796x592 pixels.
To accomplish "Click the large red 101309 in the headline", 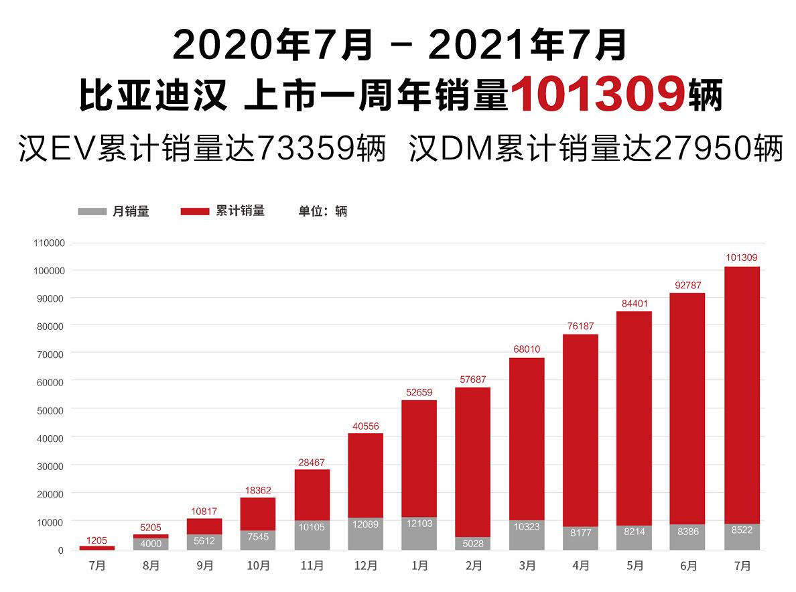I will point(599,96).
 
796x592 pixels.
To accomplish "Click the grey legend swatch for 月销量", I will point(92,211).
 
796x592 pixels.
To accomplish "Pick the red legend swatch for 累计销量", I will point(195,211).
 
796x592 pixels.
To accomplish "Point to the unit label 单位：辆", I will point(322,211).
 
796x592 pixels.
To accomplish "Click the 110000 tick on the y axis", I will point(48,243).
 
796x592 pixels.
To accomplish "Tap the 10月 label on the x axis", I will point(258,567).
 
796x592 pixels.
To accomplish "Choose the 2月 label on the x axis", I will point(473,567).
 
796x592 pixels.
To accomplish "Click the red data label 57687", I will point(473,379).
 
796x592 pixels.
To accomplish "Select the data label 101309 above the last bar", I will point(742,257).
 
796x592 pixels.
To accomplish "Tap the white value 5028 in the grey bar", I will point(473,544).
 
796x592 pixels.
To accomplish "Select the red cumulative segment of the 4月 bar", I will point(580,429).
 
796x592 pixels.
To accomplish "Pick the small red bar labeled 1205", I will point(97,548).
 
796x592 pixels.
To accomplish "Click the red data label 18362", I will point(258,490).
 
